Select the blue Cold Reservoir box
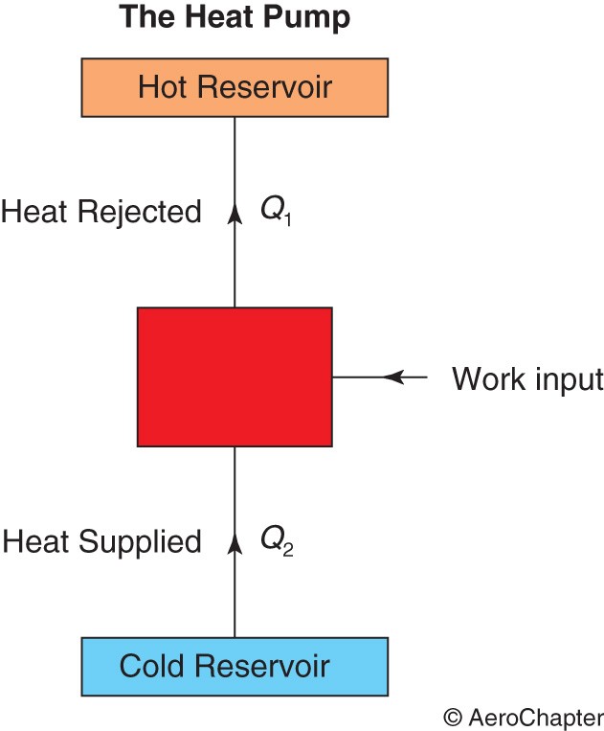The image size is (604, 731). tap(235, 665)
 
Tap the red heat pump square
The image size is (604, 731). tap(235, 377)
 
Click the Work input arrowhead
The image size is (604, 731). tap(393, 377)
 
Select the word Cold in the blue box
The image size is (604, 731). tap(150, 665)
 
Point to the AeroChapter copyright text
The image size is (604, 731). tap(523, 717)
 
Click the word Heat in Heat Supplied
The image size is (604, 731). tap(37, 542)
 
